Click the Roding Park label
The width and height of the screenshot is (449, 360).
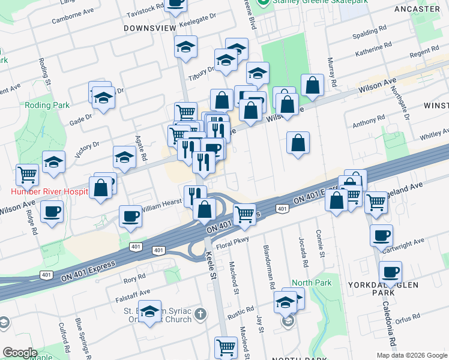pyautogui.click(x=39, y=105)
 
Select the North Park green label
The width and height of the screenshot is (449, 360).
pyautogui.click(x=312, y=283)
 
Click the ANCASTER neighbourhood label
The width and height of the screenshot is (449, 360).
pyautogui.click(x=418, y=9)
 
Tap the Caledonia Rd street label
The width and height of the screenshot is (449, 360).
pyautogui.click(x=388, y=325)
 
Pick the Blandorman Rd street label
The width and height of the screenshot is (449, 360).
pyautogui.click(x=271, y=265)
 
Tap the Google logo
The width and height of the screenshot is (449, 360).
pyautogui.click(x=20, y=353)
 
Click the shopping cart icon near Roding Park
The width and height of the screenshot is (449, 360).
pyautogui.click(x=28, y=175)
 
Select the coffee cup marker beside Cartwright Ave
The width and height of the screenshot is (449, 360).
pyautogui.click(x=381, y=236)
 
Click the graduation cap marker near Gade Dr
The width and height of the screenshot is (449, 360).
pyautogui.click(x=104, y=97)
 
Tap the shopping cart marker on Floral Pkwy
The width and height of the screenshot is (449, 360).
pyautogui.click(x=244, y=214)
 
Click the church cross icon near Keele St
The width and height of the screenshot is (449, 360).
pyautogui.click(x=200, y=314)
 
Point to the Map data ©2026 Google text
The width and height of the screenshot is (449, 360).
pyautogui.click(x=411, y=355)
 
